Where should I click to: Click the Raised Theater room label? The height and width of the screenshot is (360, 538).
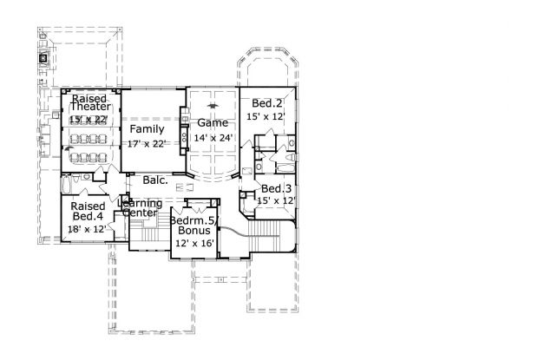pos(89,102)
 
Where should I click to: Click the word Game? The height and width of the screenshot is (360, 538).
pos(212,123)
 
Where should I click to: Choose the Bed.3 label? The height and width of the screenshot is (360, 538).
pos(276,188)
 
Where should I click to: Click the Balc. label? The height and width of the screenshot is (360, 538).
pos(155,181)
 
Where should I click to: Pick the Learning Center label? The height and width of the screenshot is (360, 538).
pos(141,208)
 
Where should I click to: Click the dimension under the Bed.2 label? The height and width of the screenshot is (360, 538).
pos(266,115)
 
